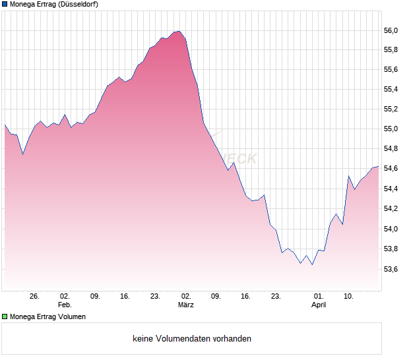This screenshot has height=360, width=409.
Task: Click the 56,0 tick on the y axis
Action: [x=393, y=30]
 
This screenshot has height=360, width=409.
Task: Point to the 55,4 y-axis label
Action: [x=393, y=90]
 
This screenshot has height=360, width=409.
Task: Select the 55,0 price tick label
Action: [x=393, y=129]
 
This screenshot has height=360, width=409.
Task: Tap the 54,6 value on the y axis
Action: [x=393, y=169]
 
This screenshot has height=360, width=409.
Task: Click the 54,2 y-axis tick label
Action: [x=393, y=209]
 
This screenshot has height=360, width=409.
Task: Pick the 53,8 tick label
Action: [x=393, y=249]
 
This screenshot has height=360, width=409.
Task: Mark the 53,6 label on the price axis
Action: [x=393, y=269]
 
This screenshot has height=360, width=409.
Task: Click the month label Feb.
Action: [x=65, y=305]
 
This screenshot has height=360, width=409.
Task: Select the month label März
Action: [x=186, y=305]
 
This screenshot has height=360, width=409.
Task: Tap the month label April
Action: [x=319, y=305]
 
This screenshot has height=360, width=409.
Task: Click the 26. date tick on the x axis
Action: [x=35, y=297]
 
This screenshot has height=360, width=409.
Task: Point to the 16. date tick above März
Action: [x=246, y=297]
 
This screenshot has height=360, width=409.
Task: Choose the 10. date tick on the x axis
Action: [x=349, y=297]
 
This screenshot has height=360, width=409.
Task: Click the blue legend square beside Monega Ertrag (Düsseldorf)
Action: [x=5, y=5]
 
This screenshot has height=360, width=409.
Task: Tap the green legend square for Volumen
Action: [x=5, y=316]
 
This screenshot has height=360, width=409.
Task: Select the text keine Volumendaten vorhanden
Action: [x=192, y=339]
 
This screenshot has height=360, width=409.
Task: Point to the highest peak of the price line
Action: [x=179, y=31]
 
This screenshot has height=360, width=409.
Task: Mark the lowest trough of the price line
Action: [x=312, y=264]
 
